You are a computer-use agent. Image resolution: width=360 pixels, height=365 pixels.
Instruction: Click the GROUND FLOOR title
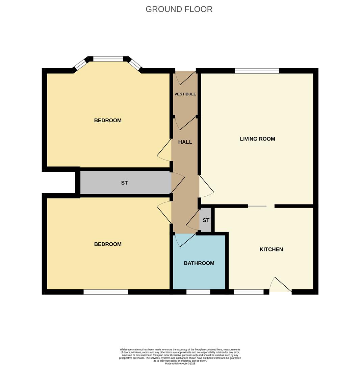click(179, 9)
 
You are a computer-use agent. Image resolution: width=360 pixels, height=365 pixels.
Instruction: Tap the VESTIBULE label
click(185, 94)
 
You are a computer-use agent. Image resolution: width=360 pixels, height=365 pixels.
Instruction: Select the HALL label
click(185, 142)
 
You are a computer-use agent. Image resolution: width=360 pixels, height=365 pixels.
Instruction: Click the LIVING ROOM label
click(257, 139)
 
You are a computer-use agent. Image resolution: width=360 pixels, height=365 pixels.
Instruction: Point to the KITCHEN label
click(271, 249)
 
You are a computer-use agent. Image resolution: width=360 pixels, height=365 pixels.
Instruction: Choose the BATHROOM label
click(199, 263)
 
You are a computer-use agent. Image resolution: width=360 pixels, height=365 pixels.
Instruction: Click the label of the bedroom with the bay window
click(107, 120)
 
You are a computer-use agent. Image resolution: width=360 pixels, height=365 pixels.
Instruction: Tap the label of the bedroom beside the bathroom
click(107, 244)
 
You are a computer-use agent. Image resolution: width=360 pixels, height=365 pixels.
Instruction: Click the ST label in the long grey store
click(124, 183)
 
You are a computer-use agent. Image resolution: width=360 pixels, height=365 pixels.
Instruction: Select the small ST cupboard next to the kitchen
click(206, 220)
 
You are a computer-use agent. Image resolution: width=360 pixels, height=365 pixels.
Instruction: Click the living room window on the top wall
click(257, 71)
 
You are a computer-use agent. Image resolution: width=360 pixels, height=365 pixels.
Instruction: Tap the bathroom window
click(198, 292)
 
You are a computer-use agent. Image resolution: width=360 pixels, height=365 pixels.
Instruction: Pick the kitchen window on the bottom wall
click(249, 292)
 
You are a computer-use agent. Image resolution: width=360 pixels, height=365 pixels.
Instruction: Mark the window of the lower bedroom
click(106, 292)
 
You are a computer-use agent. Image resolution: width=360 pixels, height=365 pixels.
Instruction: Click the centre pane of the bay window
click(108, 59)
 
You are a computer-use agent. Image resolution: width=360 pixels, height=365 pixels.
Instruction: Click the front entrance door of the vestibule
click(186, 78)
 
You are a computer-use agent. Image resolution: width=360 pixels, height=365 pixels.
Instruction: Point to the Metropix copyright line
click(180, 363)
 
